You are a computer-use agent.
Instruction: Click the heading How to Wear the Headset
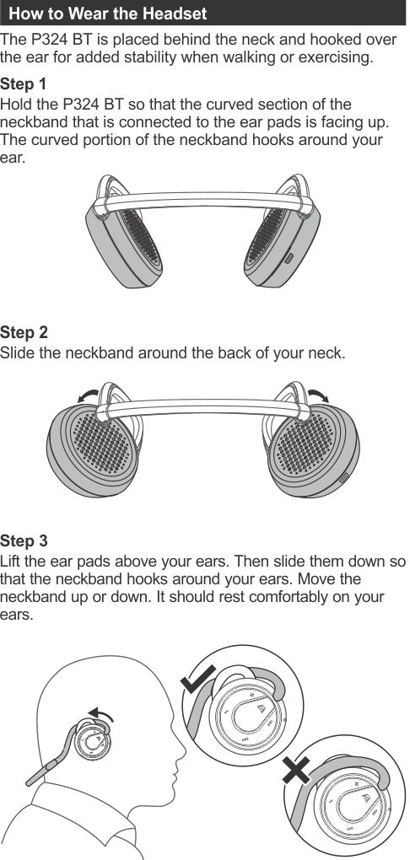[x=108, y=13]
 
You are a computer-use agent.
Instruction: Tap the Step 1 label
[x=24, y=84]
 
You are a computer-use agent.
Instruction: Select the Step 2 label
[x=24, y=332]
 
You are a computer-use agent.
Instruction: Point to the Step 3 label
[x=24, y=540]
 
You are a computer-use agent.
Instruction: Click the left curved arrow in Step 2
[x=89, y=396]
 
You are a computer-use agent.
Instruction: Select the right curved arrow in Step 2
[x=318, y=396]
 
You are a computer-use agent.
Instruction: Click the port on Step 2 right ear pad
[x=344, y=476]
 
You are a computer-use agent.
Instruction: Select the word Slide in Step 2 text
[x=18, y=353]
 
